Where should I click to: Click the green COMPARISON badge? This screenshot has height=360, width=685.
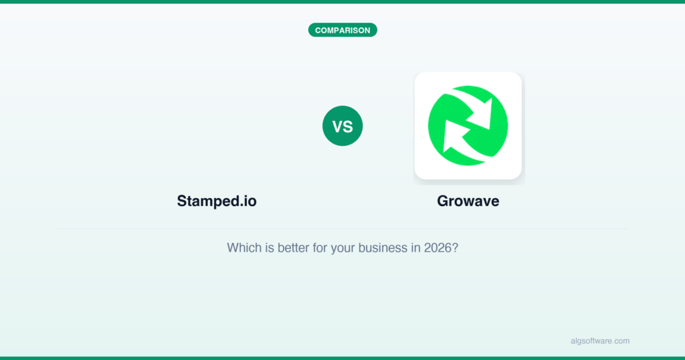tap(342, 30)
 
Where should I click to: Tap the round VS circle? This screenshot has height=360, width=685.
tap(342, 126)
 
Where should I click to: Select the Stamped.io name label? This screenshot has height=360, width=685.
tap(217, 201)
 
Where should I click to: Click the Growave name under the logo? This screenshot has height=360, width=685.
tap(468, 201)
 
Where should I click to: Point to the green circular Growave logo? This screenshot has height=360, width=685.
tap(468, 126)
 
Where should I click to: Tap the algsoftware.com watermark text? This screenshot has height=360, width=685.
tap(600, 341)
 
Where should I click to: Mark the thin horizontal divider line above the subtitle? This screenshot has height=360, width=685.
tap(342, 229)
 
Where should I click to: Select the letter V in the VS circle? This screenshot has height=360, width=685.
tap(337, 126)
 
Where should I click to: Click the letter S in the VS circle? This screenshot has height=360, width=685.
tap(348, 126)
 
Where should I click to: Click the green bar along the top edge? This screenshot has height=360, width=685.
tap(342, 2)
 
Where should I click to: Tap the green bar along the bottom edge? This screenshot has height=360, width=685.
tap(342, 358)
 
